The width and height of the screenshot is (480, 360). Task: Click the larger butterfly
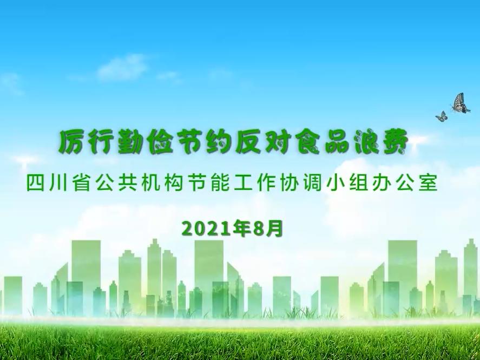(x=460, y=103)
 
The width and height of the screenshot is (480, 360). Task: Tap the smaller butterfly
(x=441, y=116)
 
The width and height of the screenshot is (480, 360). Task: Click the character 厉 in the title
(x=73, y=142)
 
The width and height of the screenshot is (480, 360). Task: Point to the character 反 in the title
(x=248, y=142)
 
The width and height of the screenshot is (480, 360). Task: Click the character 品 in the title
(x=336, y=142)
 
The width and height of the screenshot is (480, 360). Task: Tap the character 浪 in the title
(x=366, y=142)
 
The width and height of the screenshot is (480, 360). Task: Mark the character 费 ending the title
(x=395, y=142)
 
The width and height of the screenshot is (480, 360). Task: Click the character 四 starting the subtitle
(x=35, y=183)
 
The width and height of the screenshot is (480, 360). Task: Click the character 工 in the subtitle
(x=244, y=183)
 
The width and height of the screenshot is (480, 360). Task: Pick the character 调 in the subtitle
(x=313, y=183)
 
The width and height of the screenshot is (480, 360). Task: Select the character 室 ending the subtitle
(x=429, y=183)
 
